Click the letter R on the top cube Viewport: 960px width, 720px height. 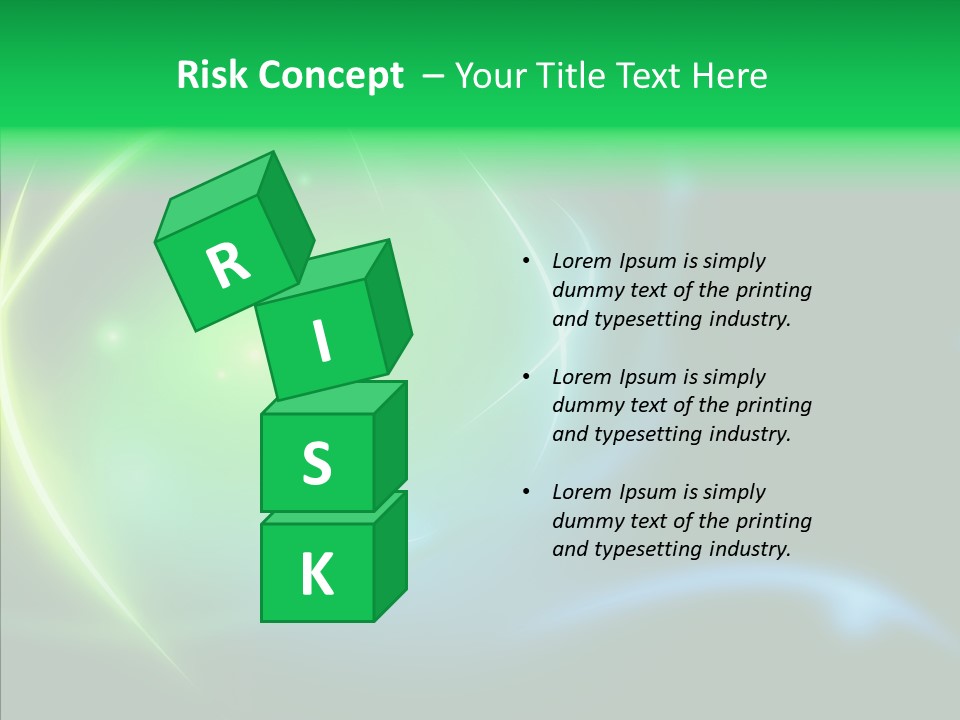coord(228,265)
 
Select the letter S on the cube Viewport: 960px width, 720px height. coord(316,464)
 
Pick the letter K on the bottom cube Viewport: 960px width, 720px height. coord(316,575)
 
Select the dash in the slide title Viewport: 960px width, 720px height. coord(434,76)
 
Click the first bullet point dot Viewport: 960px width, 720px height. coord(526,261)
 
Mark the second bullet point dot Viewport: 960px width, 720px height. coord(526,377)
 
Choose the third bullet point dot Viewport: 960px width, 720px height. coord(526,492)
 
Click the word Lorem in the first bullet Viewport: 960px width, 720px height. coord(580,261)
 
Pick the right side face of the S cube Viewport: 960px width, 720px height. coord(390,445)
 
